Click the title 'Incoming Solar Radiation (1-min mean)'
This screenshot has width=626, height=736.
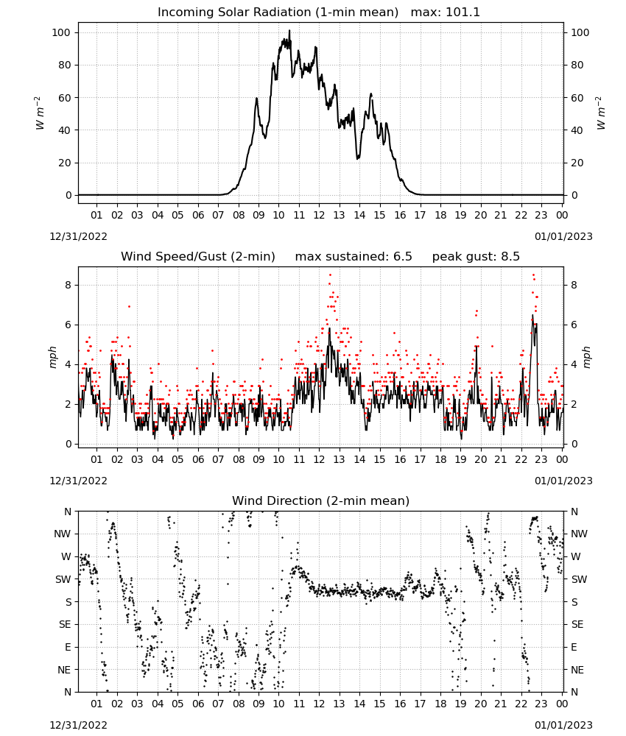[278, 13]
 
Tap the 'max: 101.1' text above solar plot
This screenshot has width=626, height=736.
[446, 13]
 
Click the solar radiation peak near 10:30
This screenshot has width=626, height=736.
[289, 30]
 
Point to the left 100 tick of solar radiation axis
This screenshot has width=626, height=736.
[61, 32]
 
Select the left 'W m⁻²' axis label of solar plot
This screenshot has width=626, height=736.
[40, 113]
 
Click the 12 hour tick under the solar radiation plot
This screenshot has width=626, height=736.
[319, 215]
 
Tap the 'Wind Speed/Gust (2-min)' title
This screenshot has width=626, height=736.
[197, 257]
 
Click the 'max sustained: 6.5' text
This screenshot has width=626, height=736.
[354, 257]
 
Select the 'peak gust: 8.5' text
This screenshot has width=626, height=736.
[476, 257]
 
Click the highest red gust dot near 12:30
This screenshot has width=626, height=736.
[330, 275]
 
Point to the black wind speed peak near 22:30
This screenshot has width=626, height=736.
[532, 315]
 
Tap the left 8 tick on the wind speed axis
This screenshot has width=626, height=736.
[68, 285]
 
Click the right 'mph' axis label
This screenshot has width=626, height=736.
[587, 357]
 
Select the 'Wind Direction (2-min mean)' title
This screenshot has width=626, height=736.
[321, 501]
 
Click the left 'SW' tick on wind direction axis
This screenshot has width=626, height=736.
[63, 579]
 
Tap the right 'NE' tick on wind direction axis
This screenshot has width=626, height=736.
[577, 670]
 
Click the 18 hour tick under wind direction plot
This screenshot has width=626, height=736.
[440, 704]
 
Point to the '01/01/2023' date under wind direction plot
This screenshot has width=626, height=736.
[563, 725]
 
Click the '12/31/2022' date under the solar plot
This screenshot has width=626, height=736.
[78, 236]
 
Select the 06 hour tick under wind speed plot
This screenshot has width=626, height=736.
[197, 459]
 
